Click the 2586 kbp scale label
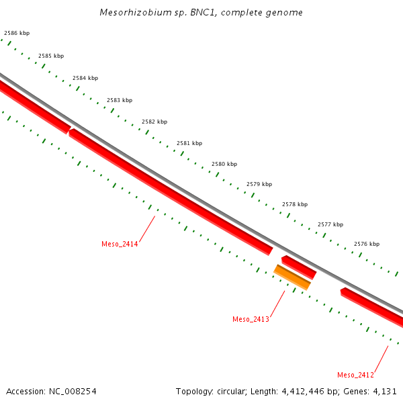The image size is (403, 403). (x=17, y=33)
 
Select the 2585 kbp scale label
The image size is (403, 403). (x=51, y=56)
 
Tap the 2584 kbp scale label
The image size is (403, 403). (x=85, y=78)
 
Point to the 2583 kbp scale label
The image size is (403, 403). (x=120, y=100)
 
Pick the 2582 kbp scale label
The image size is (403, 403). (x=154, y=122)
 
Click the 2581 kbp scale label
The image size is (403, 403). (x=189, y=143)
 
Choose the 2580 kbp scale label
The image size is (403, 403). (x=224, y=164)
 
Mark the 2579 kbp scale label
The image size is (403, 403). (x=259, y=184)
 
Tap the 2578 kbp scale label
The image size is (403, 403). (x=295, y=204)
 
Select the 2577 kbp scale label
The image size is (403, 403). (x=330, y=224)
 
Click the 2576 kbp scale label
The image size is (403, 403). (x=367, y=244)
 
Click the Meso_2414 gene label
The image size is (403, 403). (x=120, y=244)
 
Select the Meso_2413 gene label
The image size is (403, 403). (x=251, y=319)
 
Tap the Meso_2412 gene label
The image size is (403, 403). (x=355, y=375)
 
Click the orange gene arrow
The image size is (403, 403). (x=292, y=277)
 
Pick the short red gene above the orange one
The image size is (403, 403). (x=299, y=267)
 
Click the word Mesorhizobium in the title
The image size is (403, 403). (x=130, y=13)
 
